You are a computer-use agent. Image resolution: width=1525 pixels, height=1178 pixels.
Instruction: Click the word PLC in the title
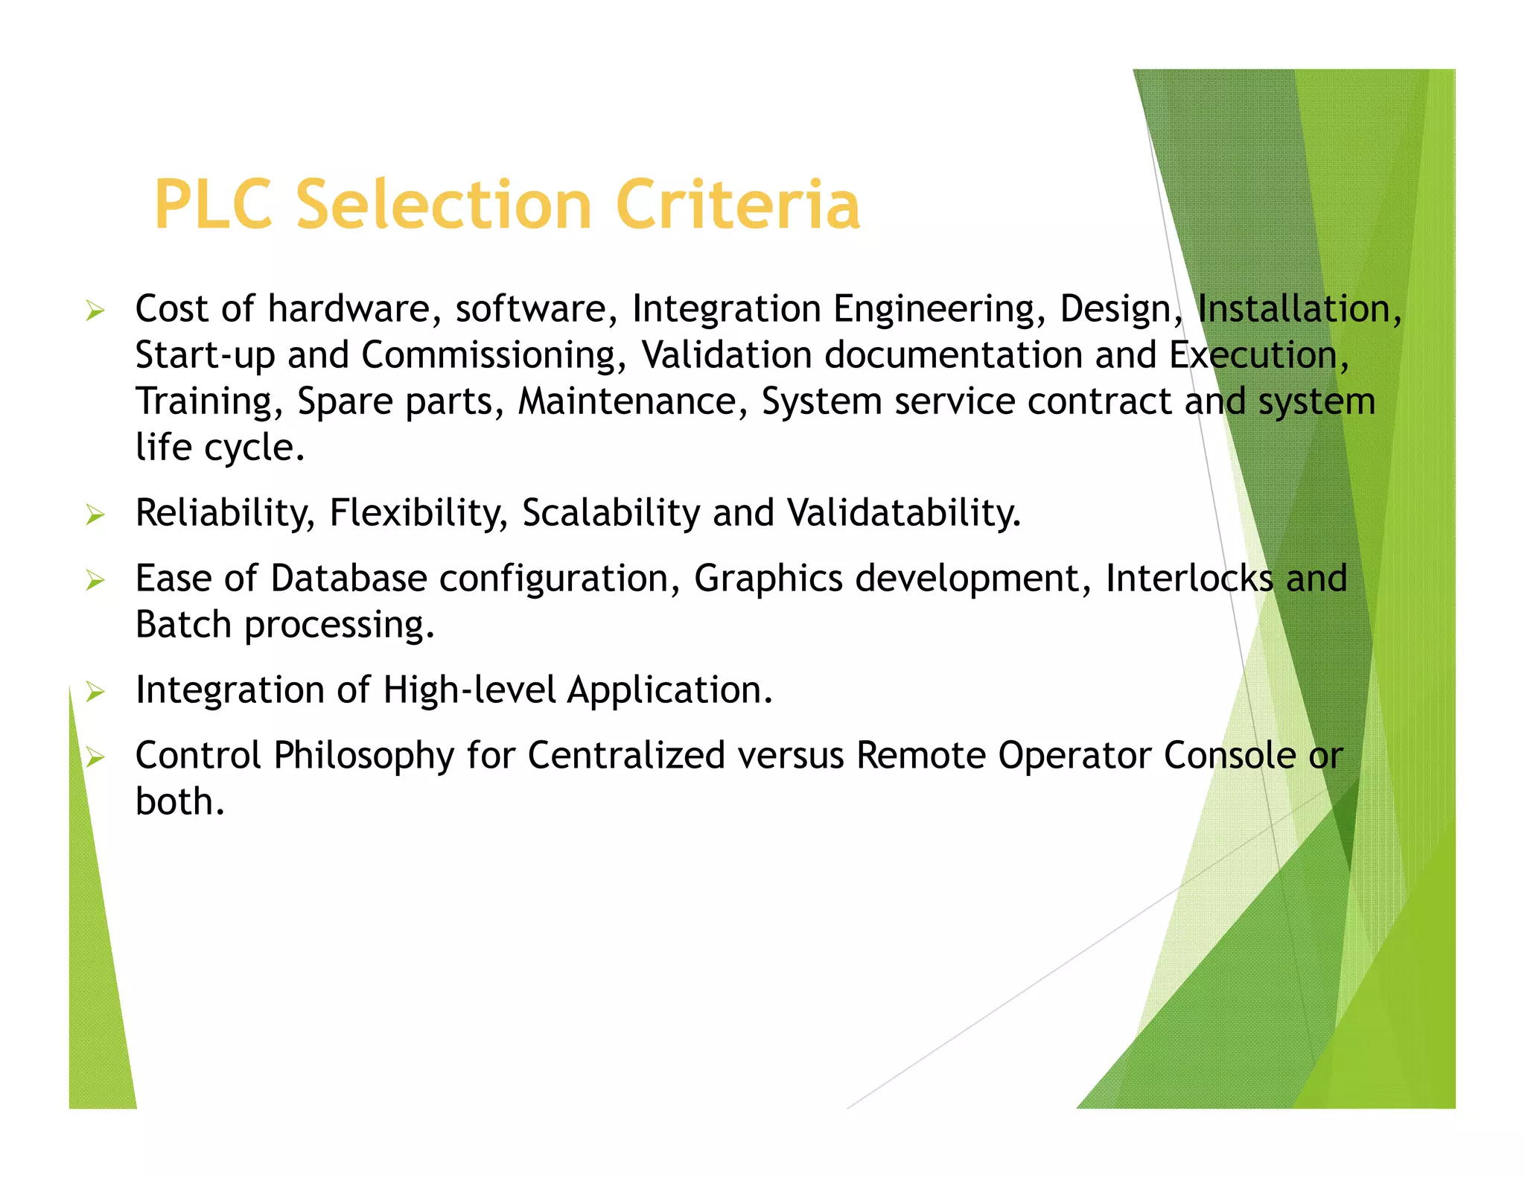(x=213, y=204)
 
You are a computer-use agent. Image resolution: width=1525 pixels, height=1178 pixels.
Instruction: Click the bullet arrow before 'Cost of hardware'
(x=95, y=310)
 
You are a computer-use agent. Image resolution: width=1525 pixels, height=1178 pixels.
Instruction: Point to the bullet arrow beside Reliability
(x=95, y=514)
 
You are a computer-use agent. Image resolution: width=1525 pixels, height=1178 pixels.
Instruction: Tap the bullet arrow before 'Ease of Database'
(x=95, y=579)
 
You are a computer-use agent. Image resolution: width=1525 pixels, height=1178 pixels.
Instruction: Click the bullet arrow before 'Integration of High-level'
(x=95, y=692)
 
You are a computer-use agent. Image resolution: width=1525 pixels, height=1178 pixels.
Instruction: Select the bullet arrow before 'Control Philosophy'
(x=95, y=757)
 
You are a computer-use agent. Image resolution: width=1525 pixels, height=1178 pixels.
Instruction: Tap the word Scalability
(x=611, y=513)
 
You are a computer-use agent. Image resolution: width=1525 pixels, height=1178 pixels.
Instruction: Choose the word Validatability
(x=904, y=513)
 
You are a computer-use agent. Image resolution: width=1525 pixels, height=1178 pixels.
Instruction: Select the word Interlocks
(x=1189, y=579)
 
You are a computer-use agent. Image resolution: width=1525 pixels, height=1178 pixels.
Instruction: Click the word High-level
(x=469, y=690)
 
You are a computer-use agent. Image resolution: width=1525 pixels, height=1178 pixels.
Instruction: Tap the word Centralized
(x=626, y=756)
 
